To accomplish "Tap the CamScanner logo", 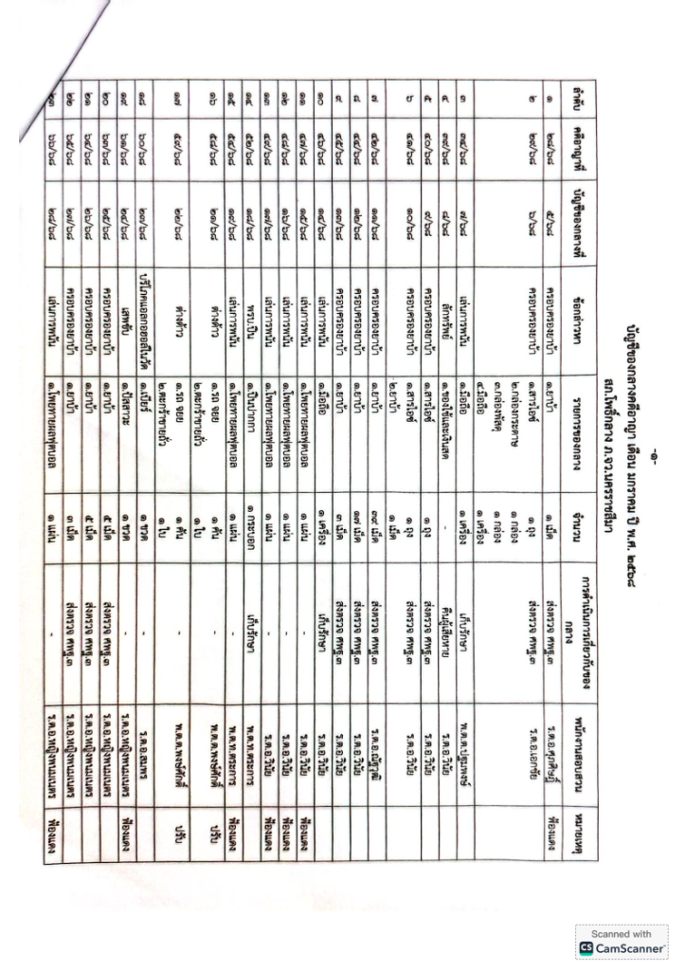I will (621, 946).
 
